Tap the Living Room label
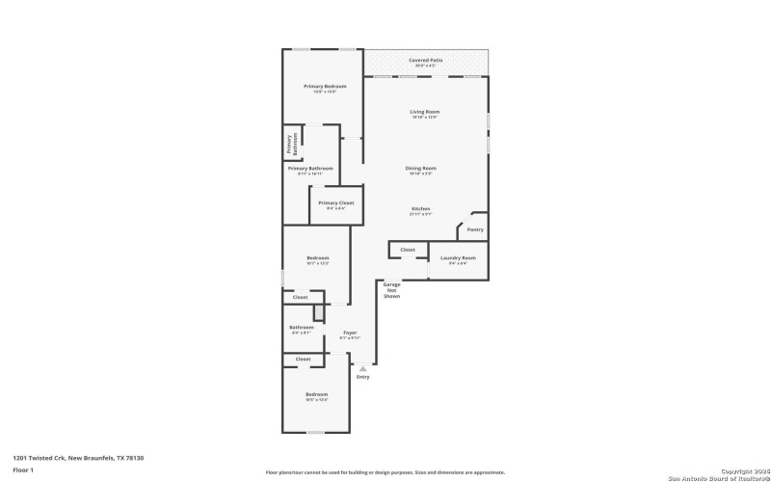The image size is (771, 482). [x=424, y=112]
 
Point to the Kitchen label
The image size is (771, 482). [x=421, y=209]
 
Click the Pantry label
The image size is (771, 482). [x=474, y=229]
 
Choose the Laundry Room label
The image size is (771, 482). [x=458, y=258]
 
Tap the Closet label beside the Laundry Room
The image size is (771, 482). [x=408, y=250]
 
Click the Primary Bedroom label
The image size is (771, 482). [x=325, y=87]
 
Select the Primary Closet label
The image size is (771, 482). [x=336, y=203]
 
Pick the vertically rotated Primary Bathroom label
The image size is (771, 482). [x=290, y=145]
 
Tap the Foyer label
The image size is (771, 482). [x=350, y=334]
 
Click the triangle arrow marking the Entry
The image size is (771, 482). [x=362, y=367]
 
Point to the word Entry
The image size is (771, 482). [x=362, y=376]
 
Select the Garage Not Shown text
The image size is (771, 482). [x=392, y=290]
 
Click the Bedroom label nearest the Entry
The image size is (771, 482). [x=317, y=394]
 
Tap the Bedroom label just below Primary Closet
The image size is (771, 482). [x=318, y=258]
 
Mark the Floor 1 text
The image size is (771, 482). [x=23, y=469]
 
